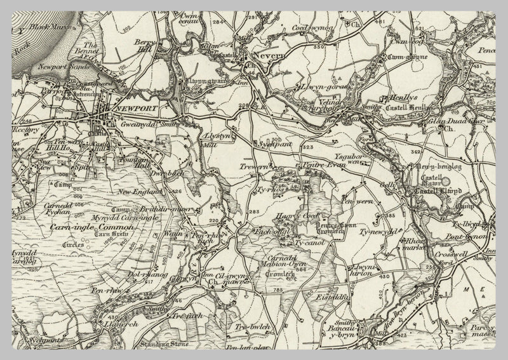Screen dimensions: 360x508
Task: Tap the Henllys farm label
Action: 396,98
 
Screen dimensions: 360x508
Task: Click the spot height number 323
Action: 309,147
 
